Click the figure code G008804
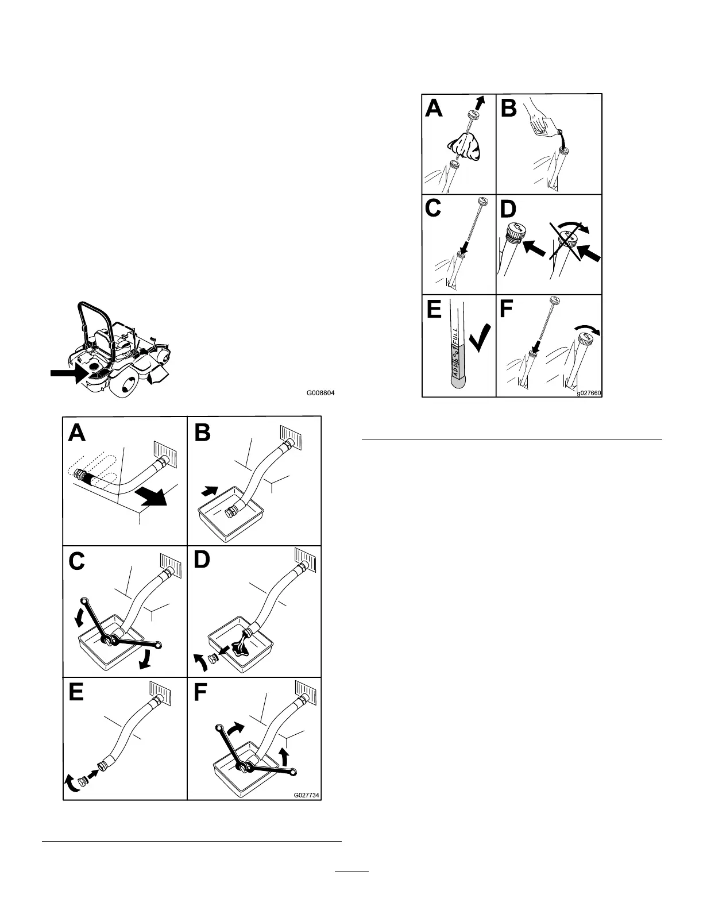pos(320,394)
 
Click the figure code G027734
pos(307,795)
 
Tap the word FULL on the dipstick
pos(460,336)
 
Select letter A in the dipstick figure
pos(434,107)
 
